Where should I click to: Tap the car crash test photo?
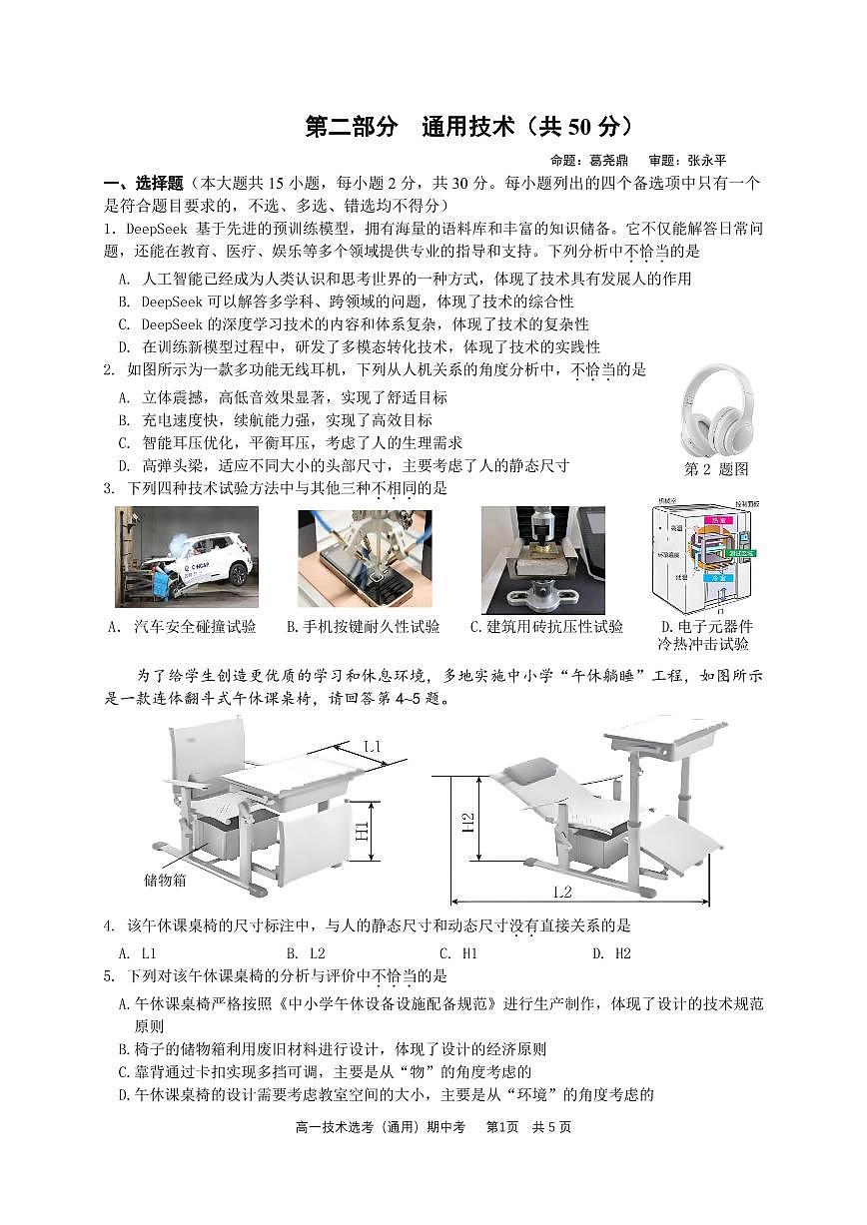pyautogui.click(x=186, y=556)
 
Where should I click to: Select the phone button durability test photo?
pyautogui.click(x=365, y=556)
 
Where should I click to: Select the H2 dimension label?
pyautogui.click(x=467, y=821)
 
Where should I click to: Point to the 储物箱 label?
pyautogui.click(x=165, y=880)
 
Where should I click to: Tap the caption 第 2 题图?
pyautogui.click(x=715, y=469)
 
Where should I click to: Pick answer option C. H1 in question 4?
pyautogui.click(x=458, y=953)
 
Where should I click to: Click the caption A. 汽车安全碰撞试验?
pyautogui.click(x=181, y=627)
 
